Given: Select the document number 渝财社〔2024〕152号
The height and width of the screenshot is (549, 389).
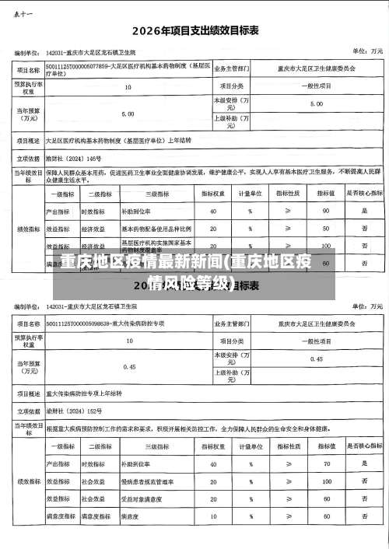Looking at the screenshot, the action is click(x=75, y=410).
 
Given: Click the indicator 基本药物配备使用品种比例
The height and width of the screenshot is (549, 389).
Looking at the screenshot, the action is click(x=156, y=229).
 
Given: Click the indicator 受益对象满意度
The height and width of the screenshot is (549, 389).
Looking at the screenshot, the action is click(x=143, y=498).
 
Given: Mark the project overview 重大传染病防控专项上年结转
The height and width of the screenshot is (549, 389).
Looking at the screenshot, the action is click(x=86, y=392).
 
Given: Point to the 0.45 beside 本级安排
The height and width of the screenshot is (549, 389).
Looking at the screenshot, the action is click(x=317, y=337).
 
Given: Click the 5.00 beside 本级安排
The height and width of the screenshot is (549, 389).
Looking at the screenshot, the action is click(x=317, y=103).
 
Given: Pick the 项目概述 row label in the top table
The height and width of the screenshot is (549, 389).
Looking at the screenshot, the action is click(x=29, y=141).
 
